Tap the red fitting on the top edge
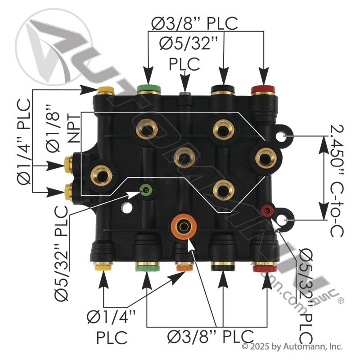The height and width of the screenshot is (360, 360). [x=263, y=90]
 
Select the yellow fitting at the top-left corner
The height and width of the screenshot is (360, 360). [x=106, y=90]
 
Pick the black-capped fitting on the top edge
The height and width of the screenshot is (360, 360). [x=223, y=90]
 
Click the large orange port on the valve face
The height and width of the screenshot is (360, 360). [x=184, y=226]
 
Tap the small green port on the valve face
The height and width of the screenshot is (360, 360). [x=146, y=190]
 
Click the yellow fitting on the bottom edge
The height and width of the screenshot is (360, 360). [x=103, y=266]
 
